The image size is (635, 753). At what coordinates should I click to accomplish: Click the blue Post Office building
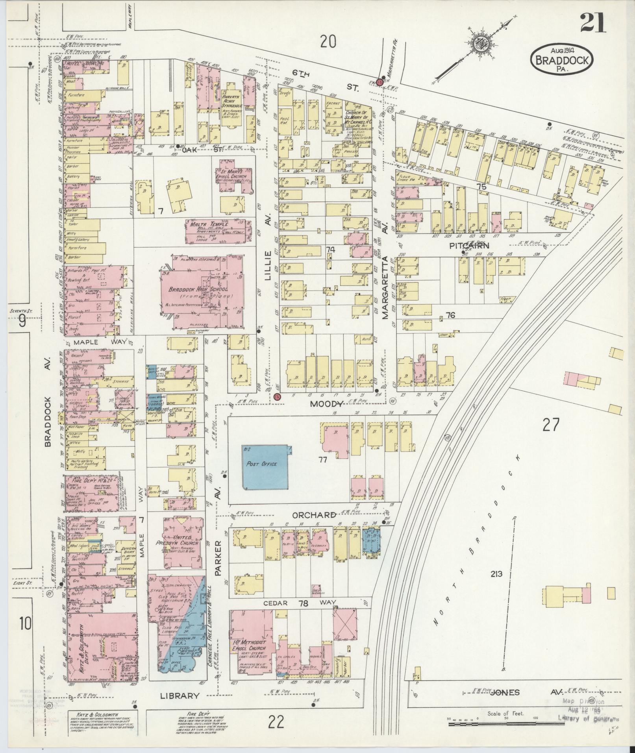click(x=262, y=467)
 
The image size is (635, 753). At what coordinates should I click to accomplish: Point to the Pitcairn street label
click(x=469, y=246)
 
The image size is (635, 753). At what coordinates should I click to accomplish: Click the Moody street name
click(x=326, y=403)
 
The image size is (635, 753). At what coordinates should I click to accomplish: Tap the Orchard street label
click(x=314, y=515)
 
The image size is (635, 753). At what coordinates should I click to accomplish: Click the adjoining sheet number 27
click(x=550, y=425)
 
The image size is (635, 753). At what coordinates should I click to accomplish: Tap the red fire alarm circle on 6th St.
click(x=380, y=81)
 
